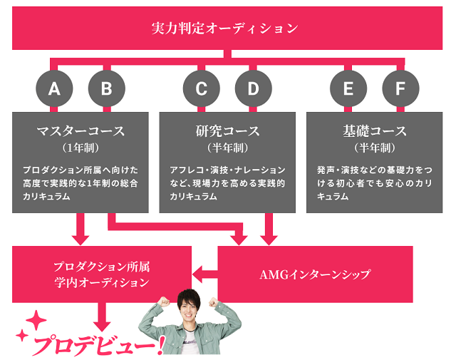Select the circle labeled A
click(54, 89)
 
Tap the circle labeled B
click(106, 89)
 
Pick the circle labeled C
click(202, 89)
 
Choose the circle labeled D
click(254, 89)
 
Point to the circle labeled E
click(348, 89)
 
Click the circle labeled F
click(400, 89)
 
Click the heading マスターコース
click(81, 131)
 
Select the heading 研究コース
click(227, 131)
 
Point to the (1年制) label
click(81, 148)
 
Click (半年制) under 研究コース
click(227, 148)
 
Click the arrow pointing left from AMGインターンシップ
click(204, 271)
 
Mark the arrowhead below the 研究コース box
click(269, 237)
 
